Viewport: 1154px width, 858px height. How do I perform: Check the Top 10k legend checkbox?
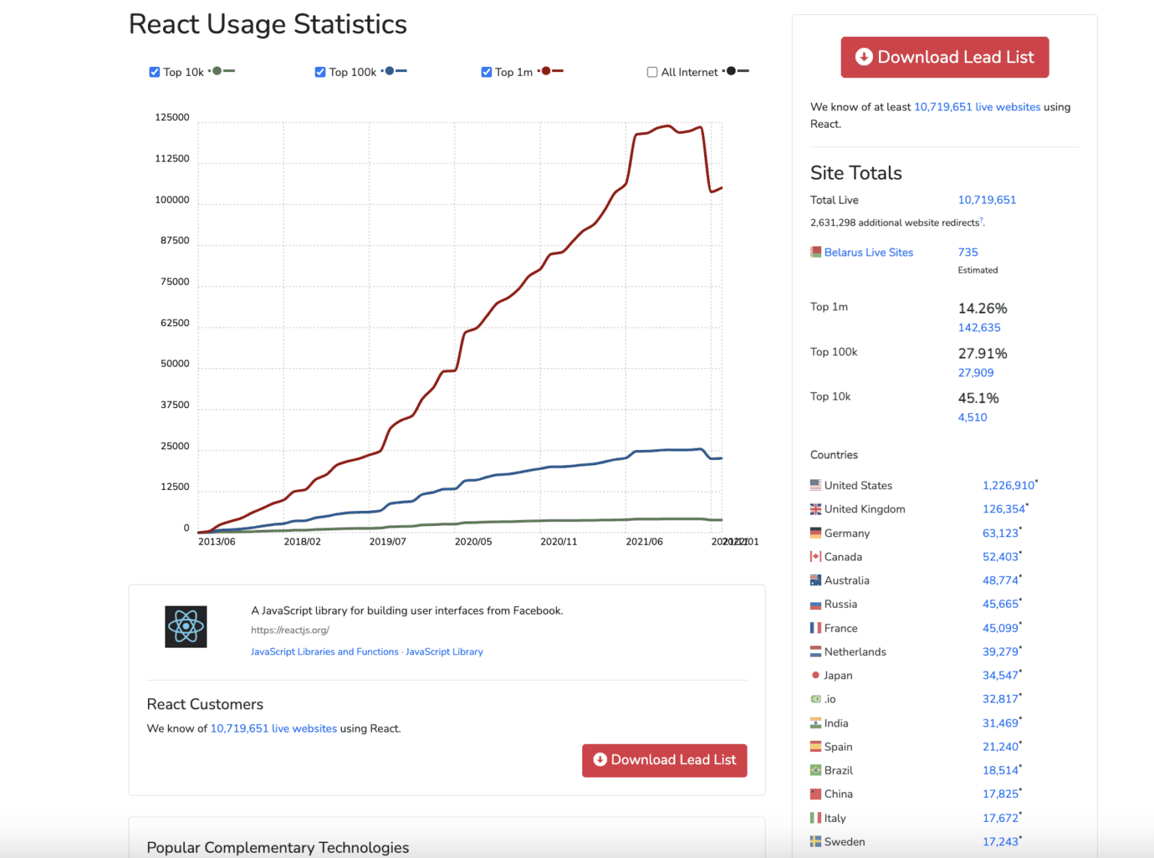coord(154,72)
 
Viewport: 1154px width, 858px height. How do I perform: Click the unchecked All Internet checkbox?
coord(652,72)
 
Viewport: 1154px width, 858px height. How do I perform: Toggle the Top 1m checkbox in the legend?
coord(486,72)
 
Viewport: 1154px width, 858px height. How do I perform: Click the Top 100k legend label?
coord(352,72)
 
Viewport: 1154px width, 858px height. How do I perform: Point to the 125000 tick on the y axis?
coord(172,117)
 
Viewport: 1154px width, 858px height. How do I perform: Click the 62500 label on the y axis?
coord(174,323)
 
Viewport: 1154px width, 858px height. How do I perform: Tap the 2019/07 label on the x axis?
coord(387,542)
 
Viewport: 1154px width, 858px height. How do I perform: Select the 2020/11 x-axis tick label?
coord(558,542)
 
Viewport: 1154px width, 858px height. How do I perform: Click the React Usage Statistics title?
coord(267,24)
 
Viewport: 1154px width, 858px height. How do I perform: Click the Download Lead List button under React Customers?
coord(664,760)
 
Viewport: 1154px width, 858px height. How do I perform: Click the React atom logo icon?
coord(186,627)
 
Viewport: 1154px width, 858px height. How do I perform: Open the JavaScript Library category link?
coord(444,652)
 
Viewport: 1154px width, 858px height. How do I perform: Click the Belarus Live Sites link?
coord(868,252)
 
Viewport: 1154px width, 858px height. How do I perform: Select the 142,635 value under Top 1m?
coord(979,328)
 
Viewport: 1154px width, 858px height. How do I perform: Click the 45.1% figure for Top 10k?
coord(978,398)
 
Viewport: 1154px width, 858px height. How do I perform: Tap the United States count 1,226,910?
coord(1008,485)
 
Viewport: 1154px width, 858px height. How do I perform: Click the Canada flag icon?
coord(815,557)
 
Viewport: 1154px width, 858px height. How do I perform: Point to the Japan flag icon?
coord(815,675)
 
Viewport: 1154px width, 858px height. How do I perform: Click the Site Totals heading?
coord(856,173)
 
